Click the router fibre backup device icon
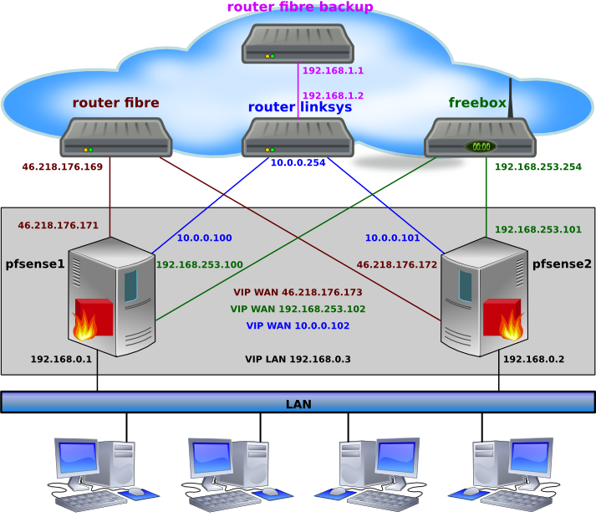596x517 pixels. point(298,44)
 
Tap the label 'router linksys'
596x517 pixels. point(299,107)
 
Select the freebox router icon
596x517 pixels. point(480,138)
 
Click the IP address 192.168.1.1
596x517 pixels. point(333,71)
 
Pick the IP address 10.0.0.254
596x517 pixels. point(298,163)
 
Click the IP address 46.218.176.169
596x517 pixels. point(62,167)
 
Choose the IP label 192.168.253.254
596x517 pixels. point(537,167)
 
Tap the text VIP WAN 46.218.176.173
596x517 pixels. point(298,293)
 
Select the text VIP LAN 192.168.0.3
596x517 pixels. point(298,359)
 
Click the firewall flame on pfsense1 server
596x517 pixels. point(86,325)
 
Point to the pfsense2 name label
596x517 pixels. point(562,264)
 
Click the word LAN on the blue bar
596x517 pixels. point(298,404)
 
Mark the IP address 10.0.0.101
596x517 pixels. point(393,238)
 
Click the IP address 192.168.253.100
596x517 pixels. point(200,265)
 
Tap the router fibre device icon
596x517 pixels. point(115,138)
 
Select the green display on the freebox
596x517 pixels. point(481,146)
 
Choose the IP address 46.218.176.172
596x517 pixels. point(397,265)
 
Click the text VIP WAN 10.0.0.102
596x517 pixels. point(298,325)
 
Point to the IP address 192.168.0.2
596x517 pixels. point(533,360)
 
